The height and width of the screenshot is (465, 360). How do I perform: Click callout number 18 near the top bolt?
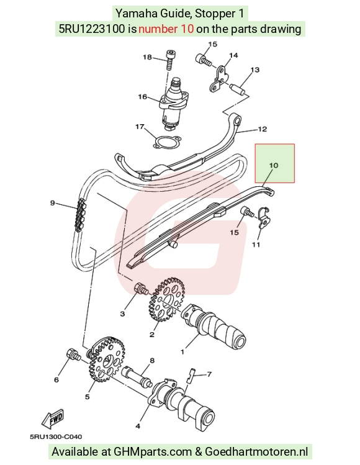147,57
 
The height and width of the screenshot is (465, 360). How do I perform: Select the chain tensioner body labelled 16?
174,103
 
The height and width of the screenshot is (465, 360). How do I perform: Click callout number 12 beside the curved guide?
263,129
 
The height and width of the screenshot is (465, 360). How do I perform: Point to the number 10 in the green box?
274,165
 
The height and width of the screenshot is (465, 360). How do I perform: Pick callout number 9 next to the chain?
53,203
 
